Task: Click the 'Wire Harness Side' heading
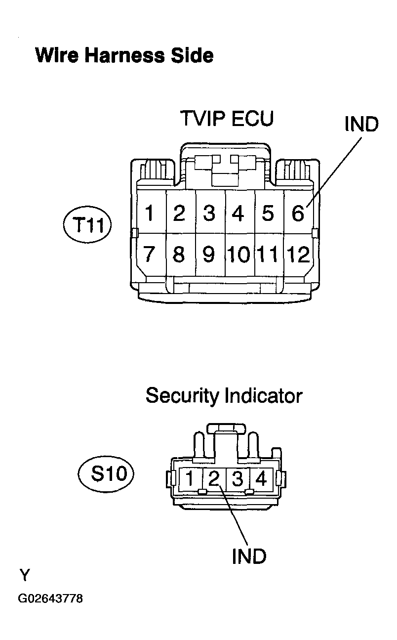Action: click(124, 55)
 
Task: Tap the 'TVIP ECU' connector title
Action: click(227, 118)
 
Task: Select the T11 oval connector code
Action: click(87, 225)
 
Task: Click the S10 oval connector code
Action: click(106, 474)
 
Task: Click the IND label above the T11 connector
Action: click(361, 124)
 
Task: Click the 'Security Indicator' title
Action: click(224, 396)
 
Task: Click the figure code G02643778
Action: click(50, 598)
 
